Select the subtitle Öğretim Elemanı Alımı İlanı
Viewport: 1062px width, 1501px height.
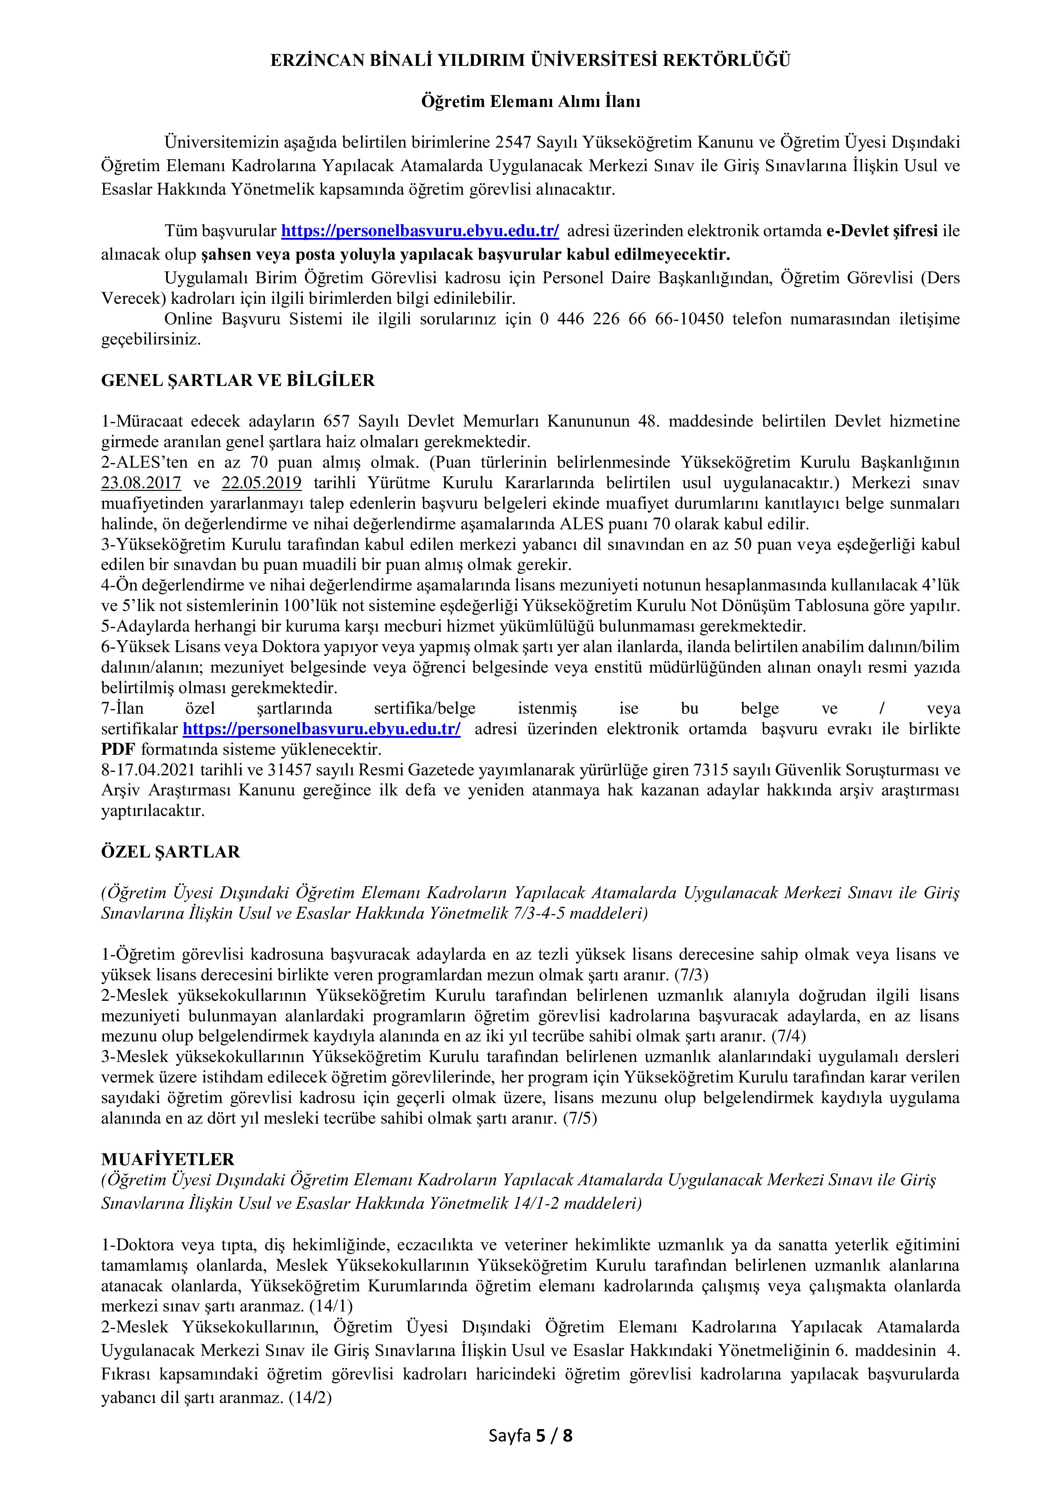tap(530, 102)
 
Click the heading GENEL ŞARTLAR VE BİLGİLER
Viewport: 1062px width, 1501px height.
tap(238, 381)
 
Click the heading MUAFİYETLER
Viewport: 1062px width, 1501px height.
tap(167, 1160)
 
